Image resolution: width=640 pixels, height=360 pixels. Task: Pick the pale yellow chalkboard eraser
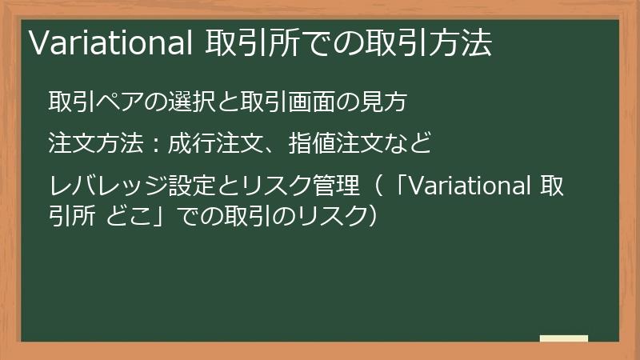tap(564, 338)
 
